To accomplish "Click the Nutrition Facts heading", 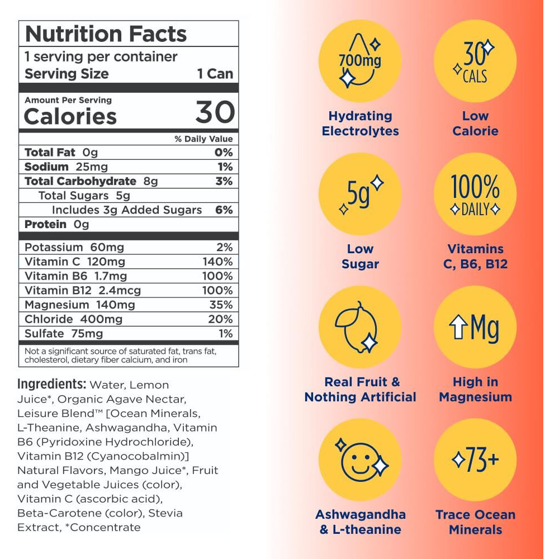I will pos(105,34).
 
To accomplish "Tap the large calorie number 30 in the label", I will pos(215,113).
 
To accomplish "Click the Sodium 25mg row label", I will pos(66,167).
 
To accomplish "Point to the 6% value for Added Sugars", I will pos(227,210).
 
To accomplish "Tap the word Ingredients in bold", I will pos(51,385).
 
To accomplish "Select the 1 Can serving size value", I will pos(215,74).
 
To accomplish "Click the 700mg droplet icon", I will pos(360,60).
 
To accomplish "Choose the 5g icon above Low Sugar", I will pos(360,194).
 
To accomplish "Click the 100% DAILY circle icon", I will pos(475,194).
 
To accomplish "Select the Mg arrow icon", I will pos(475,328).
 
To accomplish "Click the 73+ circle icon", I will pos(475,460).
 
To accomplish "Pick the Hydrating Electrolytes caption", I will pos(360,124).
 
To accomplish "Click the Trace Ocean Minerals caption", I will pos(475,522).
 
